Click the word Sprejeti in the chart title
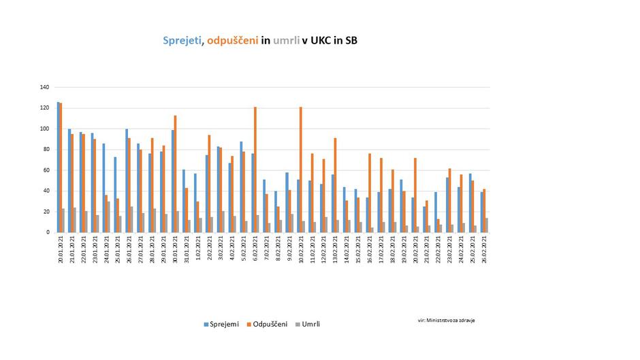point(182,41)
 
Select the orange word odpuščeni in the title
point(232,41)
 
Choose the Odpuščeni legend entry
point(268,324)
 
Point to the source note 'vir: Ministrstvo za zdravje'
point(447,319)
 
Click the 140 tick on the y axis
point(45,87)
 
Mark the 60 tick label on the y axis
point(46,170)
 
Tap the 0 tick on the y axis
point(48,233)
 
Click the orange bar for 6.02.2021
point(255,170)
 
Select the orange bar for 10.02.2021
point(301,170)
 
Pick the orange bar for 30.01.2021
point(175,174)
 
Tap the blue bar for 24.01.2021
point(104,188)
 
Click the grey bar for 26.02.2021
point(486,225)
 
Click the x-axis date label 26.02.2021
point(484,251)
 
